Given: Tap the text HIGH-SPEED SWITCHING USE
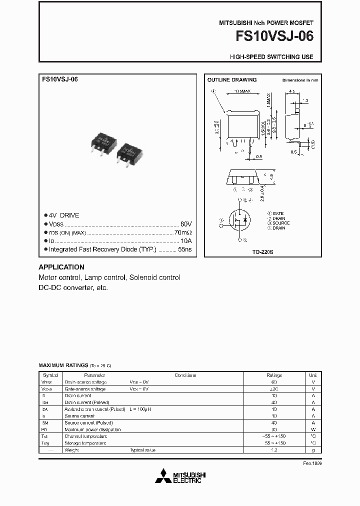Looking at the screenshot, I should [271, 57].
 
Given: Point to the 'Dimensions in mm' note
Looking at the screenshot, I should [300, 80].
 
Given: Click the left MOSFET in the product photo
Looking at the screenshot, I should [104, 143].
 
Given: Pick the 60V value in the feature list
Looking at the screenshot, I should [186, 224].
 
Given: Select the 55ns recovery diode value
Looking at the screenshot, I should [185, 249].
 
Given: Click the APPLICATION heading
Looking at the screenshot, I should [61, 267].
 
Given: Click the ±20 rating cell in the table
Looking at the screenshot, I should [274, 389].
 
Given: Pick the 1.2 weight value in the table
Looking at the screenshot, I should [274, 450].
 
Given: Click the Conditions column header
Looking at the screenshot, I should [185, 375].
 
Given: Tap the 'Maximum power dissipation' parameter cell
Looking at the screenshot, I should [92, 429].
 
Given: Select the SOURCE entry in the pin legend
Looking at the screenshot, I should [280, 223].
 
